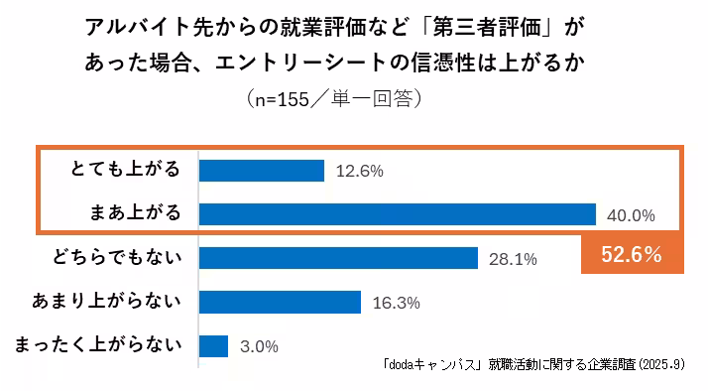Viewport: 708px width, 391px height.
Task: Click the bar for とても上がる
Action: click(262, 171)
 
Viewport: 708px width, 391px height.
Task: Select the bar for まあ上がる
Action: click(397, 214)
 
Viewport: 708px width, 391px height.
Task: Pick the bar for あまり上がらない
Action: click(280, 302)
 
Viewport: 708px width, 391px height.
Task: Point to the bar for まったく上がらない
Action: click(214, 345)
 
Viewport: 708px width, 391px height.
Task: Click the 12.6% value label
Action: click(360, 171)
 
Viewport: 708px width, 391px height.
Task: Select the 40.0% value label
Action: click(632, 215)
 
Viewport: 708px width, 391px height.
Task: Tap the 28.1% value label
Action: click(513, 259)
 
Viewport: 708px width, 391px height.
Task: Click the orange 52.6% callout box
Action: click(632, 254)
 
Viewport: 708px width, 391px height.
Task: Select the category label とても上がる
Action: click(127, 170)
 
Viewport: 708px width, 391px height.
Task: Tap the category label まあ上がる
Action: click(134, 213)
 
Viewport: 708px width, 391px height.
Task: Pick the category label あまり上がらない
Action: click(109, 301)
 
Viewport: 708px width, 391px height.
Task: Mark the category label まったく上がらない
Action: click(99, 344)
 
